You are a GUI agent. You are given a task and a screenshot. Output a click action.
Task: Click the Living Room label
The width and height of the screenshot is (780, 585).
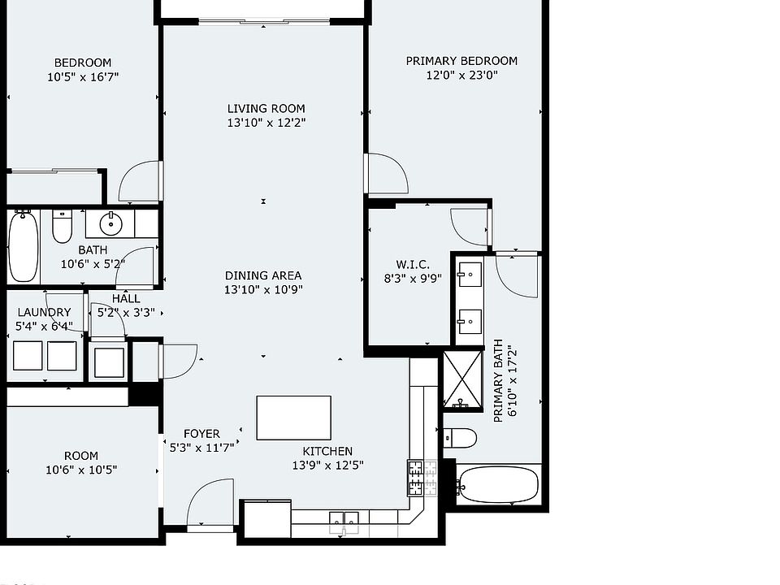(x=266, y=108)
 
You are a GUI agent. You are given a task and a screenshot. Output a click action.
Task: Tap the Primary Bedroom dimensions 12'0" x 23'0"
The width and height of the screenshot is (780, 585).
(x=461, y=76)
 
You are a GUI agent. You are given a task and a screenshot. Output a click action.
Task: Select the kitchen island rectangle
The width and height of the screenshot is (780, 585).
(x=293, y=418)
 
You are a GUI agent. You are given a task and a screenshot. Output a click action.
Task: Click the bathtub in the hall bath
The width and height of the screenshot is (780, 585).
(x=23, y=246)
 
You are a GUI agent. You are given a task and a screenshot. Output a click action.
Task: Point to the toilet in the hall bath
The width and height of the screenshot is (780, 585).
(x=63, y=225)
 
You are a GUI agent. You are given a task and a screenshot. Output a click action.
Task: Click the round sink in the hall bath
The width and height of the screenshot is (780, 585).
(x=110, y=223)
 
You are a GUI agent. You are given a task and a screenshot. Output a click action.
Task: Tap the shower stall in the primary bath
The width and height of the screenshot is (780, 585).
(x=462, y=379)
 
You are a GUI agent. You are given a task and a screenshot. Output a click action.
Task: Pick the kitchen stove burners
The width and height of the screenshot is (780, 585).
(x=422, y=479)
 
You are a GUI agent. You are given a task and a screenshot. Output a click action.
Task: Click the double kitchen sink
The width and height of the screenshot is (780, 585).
(x=344, y=519)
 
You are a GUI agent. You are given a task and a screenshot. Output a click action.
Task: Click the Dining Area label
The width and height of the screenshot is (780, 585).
(x=263, y=275)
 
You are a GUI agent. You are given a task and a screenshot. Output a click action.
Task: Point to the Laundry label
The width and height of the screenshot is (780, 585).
(x=44, y=312)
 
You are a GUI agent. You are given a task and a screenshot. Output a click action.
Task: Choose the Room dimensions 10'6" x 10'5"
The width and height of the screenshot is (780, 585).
(x=81, y=470)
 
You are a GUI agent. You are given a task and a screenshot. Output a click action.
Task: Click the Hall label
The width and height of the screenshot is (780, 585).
(x=126, y=299)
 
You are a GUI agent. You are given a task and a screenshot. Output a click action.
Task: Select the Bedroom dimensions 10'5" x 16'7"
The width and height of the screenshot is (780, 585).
(x=83, y=77)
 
